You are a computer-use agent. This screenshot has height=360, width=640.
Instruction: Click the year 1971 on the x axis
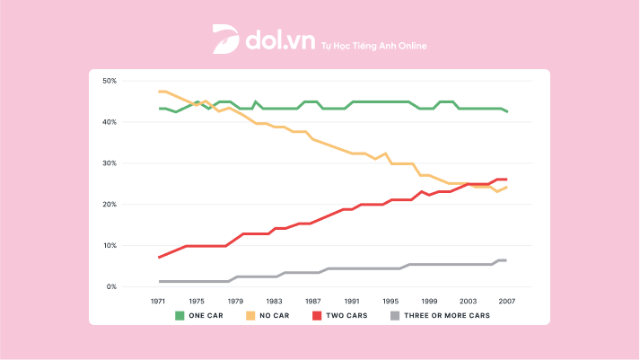pos(158,302)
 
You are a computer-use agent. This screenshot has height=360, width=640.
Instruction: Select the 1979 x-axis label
pos(236,302)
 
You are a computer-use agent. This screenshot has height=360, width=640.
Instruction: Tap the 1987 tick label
pos(313,302)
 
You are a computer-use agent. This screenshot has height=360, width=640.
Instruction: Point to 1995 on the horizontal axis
pos(390,302)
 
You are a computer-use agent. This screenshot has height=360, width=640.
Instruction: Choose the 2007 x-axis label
pos(507,302)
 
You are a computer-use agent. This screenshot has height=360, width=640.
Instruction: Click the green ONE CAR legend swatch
pos(180,315)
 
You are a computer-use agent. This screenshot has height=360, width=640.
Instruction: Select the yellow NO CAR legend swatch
pos(248,315)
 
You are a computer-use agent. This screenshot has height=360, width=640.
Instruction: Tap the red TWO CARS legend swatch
pos(315,315)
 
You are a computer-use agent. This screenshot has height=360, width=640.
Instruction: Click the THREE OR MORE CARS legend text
pos(448,315)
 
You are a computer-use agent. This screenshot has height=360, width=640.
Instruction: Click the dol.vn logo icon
pos(224,40)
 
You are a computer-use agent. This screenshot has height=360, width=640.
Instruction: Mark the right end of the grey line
pos(507,260)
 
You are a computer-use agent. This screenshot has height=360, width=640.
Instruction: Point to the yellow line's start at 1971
pos(159,92)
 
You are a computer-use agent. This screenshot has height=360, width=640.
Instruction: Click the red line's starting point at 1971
pos(159,258)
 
